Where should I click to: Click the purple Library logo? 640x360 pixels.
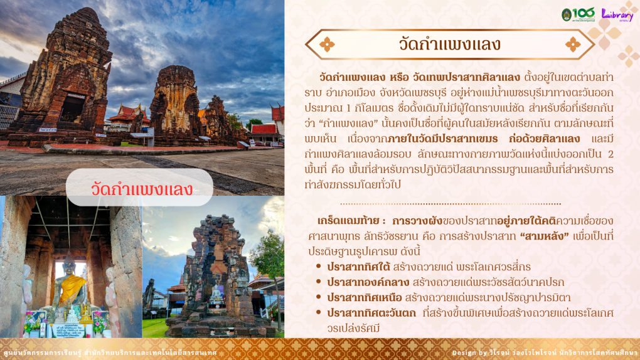pos(617,15)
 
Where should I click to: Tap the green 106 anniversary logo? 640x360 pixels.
pos(577,14)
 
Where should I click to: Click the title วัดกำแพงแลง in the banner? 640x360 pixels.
pos(450,44)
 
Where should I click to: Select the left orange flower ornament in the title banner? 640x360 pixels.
pos(327,45)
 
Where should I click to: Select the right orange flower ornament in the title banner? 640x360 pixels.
pos(573,45)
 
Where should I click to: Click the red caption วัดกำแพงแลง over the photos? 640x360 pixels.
pos(142,189)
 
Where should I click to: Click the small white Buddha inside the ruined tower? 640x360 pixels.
pos(216,295)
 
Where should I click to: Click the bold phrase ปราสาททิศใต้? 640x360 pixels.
pos(357,267)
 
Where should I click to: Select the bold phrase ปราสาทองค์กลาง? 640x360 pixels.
pos(368,282)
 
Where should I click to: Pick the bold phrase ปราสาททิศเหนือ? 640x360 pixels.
pos(365,297)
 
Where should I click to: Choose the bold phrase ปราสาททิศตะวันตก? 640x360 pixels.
pos(371,313)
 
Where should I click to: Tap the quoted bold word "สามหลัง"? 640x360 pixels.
pos(544,236)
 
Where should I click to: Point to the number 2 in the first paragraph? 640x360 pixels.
pos(611,154)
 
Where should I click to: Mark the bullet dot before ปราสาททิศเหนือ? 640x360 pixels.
pos(318,297)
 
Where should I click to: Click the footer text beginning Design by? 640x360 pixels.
pos(545,352)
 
